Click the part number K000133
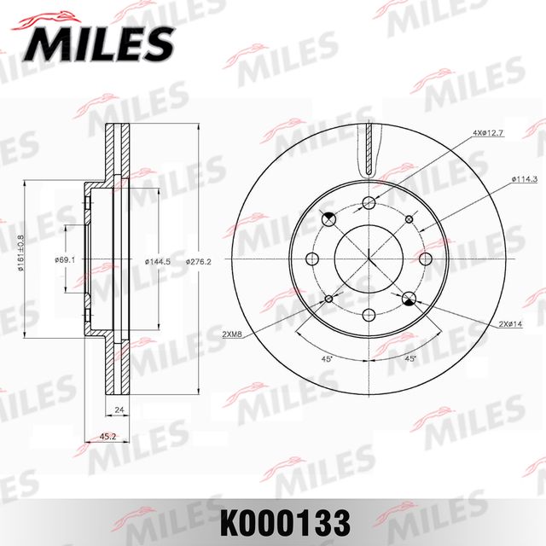point(272,520)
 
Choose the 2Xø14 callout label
point(511,324)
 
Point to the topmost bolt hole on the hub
point(369,202)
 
